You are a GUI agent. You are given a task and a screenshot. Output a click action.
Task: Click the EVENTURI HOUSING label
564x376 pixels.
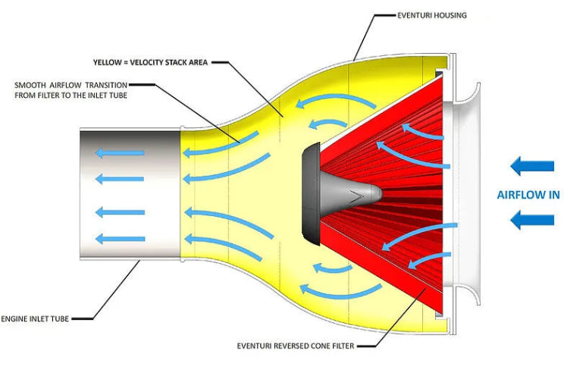point(433,14)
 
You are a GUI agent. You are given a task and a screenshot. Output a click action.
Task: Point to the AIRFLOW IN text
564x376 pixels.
point(528,194)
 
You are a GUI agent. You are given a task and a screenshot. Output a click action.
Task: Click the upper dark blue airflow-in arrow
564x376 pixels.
point(531,165)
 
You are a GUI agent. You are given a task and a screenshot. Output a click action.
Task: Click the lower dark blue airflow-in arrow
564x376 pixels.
point(531,220)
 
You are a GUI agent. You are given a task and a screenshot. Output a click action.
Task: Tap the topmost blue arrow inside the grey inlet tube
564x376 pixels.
point(119,153)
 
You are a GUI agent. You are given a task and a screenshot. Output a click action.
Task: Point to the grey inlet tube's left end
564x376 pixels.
point(83,195)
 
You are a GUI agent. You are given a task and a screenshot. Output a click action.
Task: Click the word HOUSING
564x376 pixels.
point(450,14)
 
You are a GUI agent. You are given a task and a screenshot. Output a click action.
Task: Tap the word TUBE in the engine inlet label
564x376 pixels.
point(61,318)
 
